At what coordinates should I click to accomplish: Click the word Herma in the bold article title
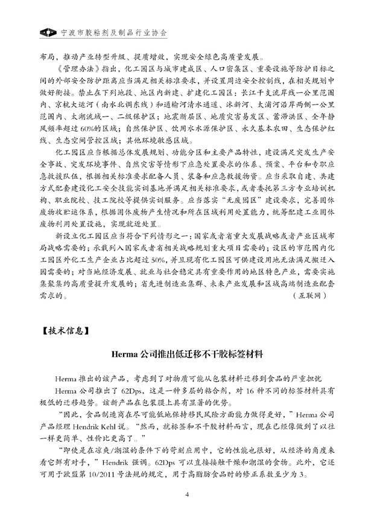pyautogui.click(x=126, y=353)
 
